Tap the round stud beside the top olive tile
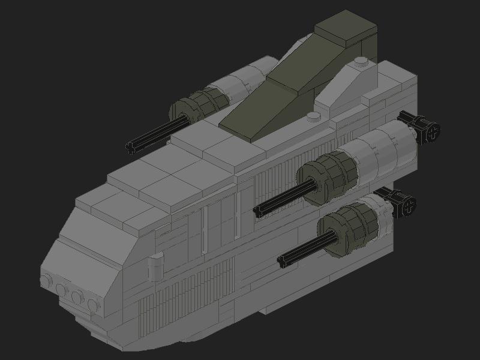(x=361, y=61)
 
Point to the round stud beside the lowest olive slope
(x=313, y=116)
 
